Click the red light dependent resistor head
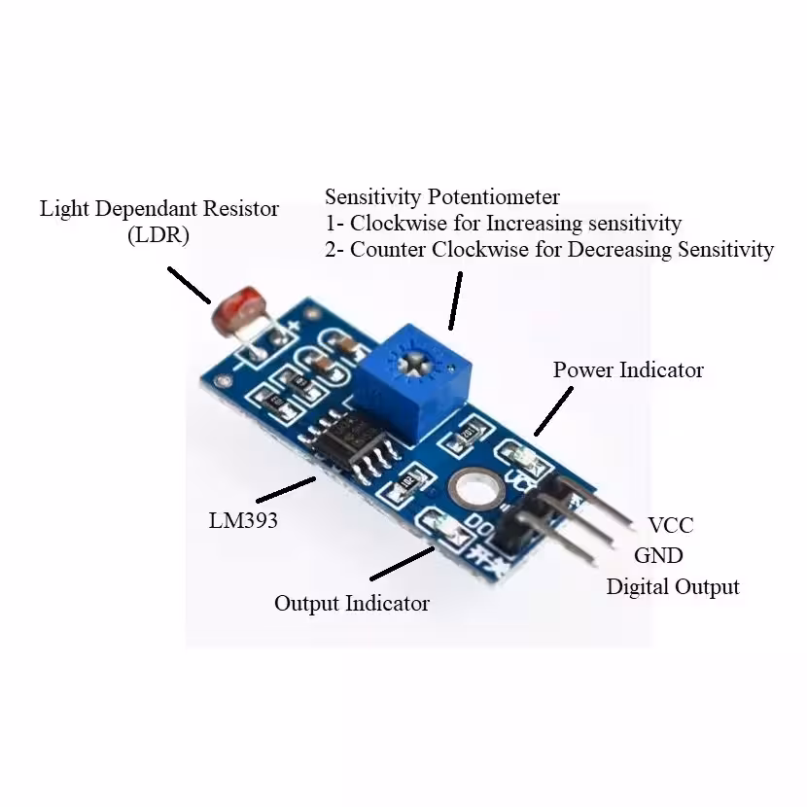tap(233, 314)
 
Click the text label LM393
tap(243, 520)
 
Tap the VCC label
tap(671, 525)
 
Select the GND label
tap(658, 555)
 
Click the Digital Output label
tap(673, 586)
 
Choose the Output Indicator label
tap(351, 603)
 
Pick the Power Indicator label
tap(628, 369)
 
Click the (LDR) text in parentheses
tap(158, 234)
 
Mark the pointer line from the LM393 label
tap(285, 489)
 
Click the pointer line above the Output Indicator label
tap(402, 565)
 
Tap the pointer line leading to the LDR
tap(189, 284)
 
